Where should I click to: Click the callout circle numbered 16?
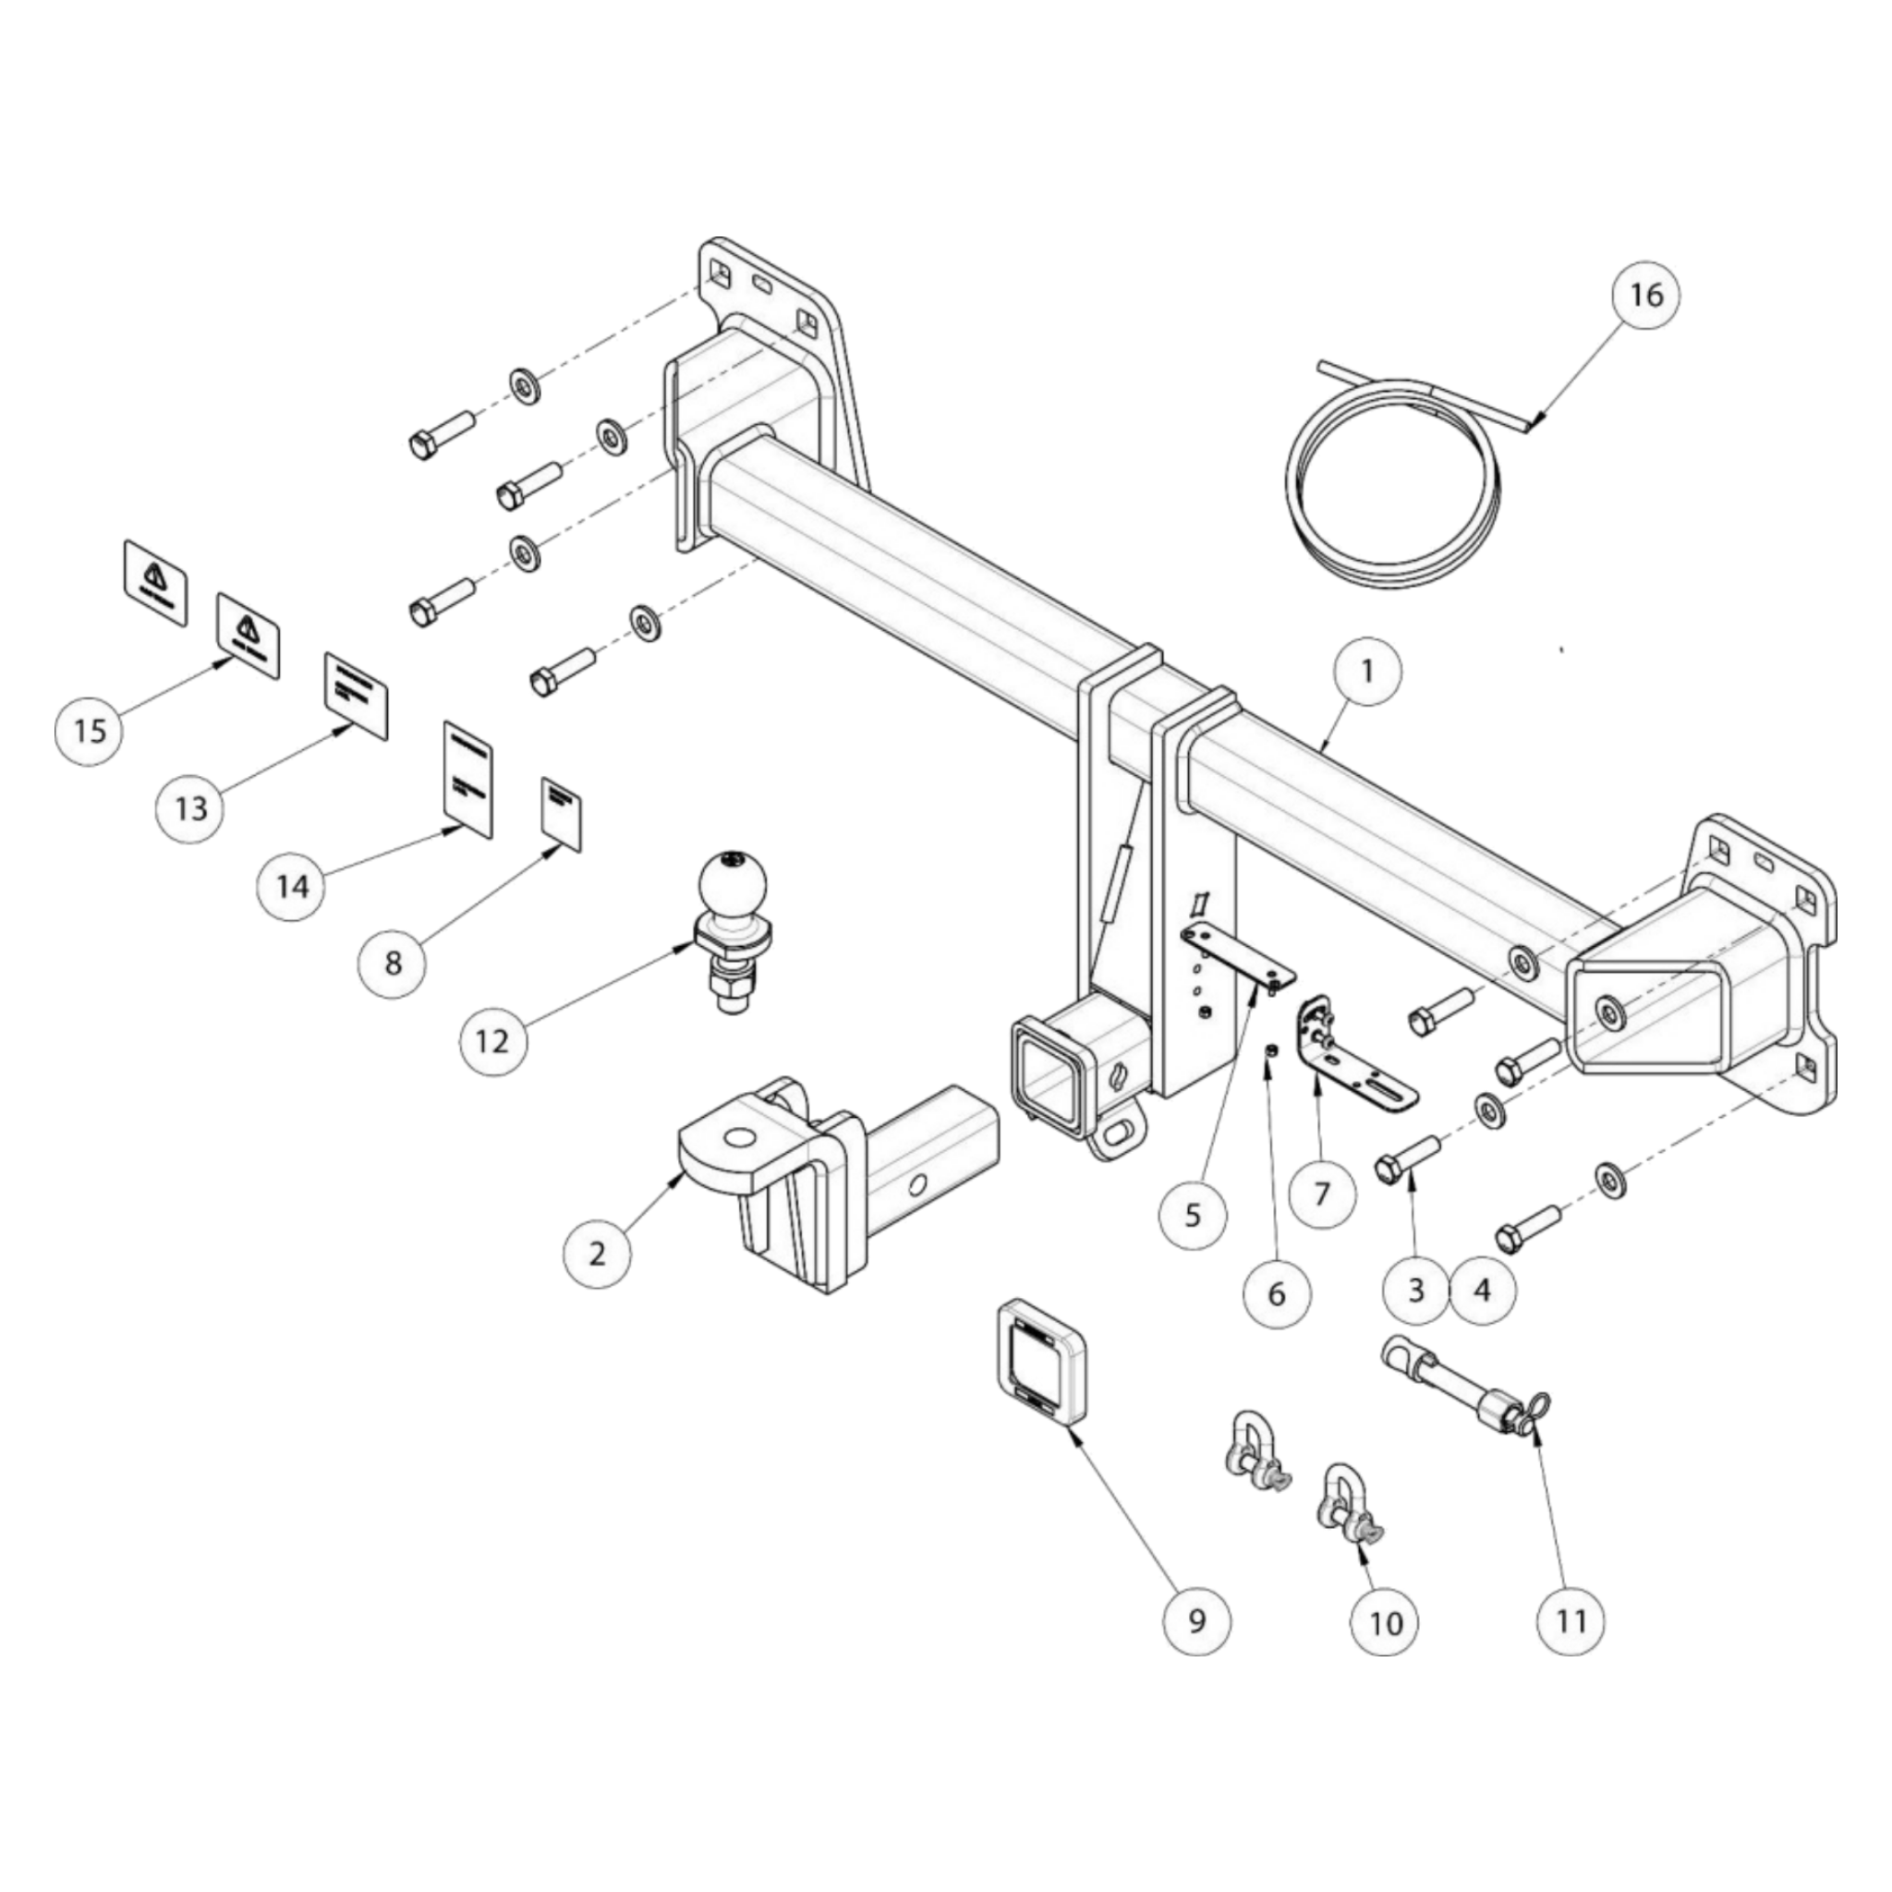point(1646,293)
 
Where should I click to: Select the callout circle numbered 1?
point(1367,671)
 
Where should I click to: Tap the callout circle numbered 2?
point(598,1253)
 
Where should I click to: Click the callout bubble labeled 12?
point(492,1040)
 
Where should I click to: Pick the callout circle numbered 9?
point(1196,1620)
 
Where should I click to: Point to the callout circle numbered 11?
point(1571,1620)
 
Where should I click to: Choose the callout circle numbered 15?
point(89,729)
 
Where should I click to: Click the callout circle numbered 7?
point(1321,1193)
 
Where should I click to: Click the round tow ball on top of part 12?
point(733,882)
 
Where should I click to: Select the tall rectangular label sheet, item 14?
point(467,778)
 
